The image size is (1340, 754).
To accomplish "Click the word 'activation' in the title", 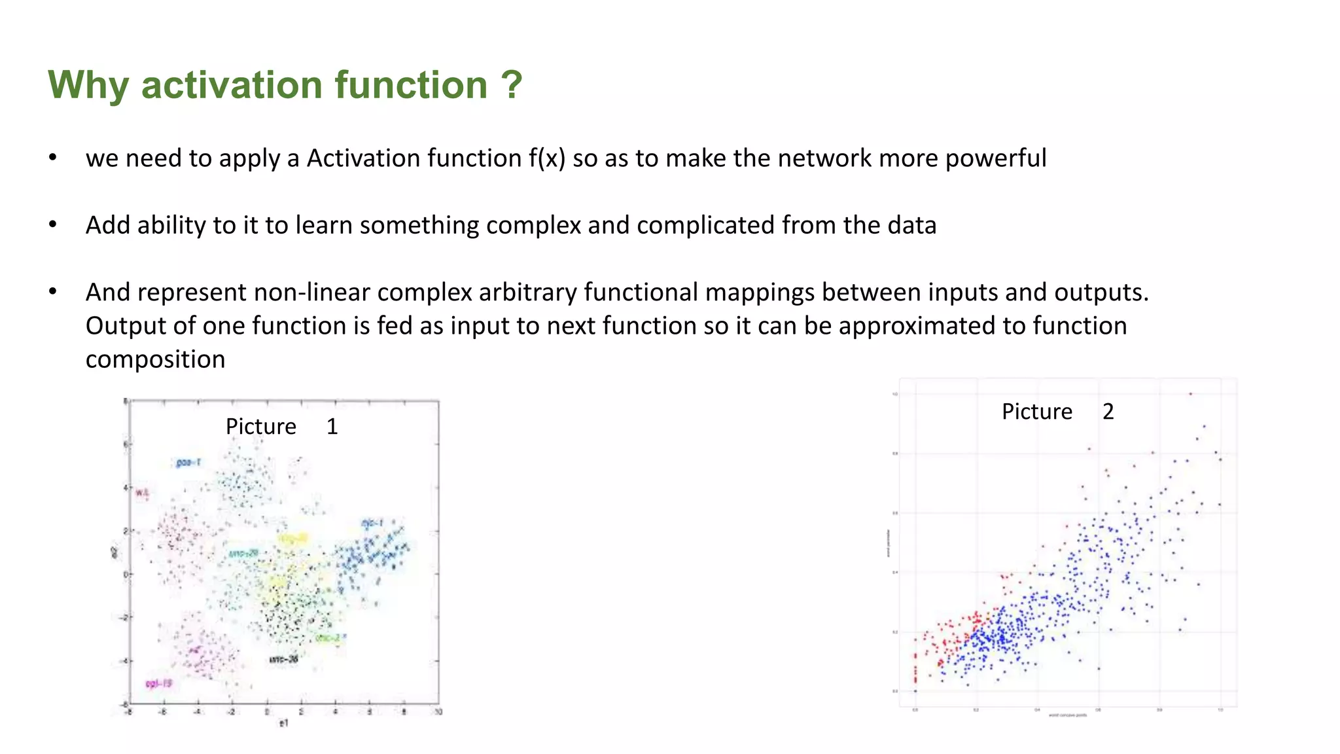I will (232, 85).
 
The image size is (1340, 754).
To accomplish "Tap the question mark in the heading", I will (512, 85).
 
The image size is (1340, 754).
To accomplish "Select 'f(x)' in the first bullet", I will (547, 158).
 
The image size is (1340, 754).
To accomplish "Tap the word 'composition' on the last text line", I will (155, 359).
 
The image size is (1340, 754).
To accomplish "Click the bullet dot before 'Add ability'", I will (53, 225).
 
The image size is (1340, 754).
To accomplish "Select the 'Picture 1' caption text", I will (281, 427).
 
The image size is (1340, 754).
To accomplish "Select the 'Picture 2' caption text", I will (1057, 412).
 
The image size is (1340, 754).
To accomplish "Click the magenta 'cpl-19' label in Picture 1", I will (158, 683).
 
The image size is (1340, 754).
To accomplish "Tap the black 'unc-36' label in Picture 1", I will (284, 659).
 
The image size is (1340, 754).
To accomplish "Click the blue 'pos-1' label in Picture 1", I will (188, 463).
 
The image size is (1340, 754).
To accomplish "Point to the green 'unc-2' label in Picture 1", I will (328, 637).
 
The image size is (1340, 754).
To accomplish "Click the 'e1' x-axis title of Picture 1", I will (283, 723).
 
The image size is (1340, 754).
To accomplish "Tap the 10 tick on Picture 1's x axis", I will (438, 712).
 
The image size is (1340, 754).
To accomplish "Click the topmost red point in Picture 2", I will (1190, 394).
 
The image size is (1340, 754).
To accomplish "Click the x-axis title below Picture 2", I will (1067, 715).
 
